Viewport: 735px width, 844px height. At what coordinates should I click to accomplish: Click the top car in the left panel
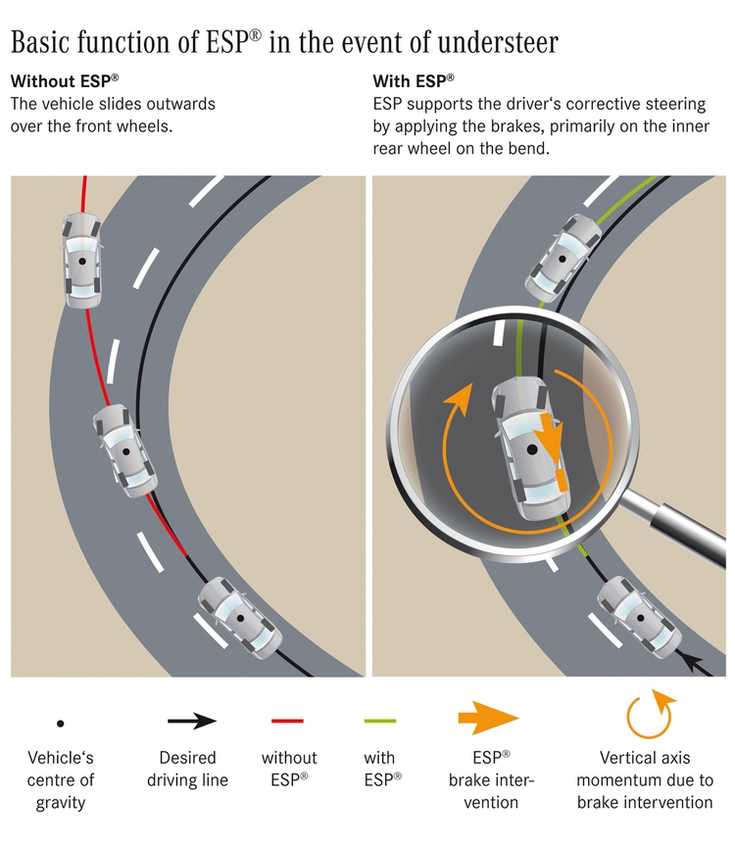81,258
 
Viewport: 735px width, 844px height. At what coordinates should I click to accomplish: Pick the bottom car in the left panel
233,618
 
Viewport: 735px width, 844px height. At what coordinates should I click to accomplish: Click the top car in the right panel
564,257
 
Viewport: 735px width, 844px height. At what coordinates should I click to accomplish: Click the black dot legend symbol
61,723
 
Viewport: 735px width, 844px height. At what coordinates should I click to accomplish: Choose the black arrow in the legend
192,722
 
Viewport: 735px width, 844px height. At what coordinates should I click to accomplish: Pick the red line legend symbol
287,722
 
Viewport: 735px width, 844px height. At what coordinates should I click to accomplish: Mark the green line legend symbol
379,722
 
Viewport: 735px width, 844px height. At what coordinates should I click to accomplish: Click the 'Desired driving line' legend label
187,769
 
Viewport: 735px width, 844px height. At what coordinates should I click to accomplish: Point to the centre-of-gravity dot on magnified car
531,448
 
